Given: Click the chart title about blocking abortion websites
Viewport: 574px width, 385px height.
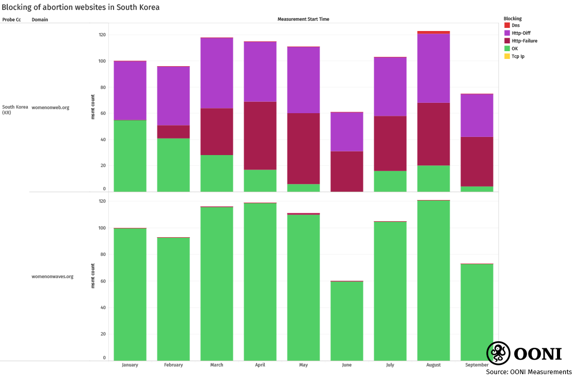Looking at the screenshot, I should coord(81,7).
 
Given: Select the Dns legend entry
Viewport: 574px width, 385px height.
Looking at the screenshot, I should coord(516,25).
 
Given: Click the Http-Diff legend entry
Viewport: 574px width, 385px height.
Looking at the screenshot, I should coord(520,33).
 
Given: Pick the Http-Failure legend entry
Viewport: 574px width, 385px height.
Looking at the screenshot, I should coord(524,41).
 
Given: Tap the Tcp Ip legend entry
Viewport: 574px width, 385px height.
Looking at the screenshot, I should coord(518,56).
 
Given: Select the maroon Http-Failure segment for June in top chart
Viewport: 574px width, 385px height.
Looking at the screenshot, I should coord(347,171).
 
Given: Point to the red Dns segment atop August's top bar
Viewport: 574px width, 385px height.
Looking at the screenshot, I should coord(434,33).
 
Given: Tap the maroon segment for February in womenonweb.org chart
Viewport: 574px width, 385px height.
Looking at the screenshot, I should coord(173,132).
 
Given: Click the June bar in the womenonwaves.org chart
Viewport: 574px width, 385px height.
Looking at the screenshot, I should coord(347,320).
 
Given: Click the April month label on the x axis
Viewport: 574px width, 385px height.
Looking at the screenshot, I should coord(260,365).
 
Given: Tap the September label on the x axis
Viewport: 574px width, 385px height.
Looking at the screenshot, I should coord(476,365).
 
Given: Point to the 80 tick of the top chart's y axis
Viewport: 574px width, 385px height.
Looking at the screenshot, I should coord(102,87).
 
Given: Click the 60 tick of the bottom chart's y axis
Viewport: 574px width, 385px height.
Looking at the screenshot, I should coord(102,281).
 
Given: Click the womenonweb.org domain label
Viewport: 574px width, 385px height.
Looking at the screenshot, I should coord(51,108).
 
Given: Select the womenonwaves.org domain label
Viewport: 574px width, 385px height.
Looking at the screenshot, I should coord(53,276).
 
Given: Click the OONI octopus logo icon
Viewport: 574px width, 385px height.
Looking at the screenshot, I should coord(499,353).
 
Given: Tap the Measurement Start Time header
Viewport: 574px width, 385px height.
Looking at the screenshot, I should coord(303,19).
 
